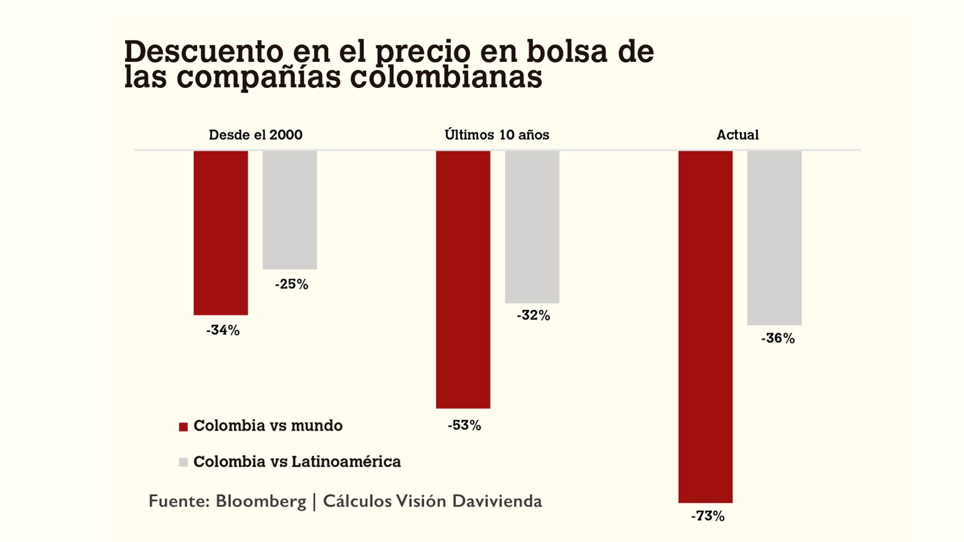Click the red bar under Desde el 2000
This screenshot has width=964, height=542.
click(x=221, y=233)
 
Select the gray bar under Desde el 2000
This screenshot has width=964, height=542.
click(x=290, y=210)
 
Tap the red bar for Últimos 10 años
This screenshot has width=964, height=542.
click(x=463, y=280)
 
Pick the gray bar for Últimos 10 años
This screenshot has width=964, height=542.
click(x=532, y=227)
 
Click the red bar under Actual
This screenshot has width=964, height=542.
click(x=705, y=327)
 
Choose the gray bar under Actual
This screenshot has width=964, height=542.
click(x=774, y=238)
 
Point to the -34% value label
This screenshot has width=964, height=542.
click(x=223, y=330)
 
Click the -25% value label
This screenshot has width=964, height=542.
click(x=292, y=285)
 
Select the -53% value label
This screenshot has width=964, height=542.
click(x=464, y=426)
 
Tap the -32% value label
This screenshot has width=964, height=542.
click(x=533, y=316)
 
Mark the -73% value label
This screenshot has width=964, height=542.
click(x=708, y=516)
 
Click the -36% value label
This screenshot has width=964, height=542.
click(x=778, y=339)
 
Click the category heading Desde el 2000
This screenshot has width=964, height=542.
click(x=256, y=135)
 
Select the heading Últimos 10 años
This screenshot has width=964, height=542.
click(x=497, y=135)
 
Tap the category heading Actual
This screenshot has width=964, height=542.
click(x=737, y=135)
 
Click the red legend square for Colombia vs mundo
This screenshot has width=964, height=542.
click(x=183, y=427)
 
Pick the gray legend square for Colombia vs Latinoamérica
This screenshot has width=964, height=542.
click(x=183, y=462)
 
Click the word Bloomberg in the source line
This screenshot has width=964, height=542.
click(x=261, y=501)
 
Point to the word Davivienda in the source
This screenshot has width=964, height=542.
click(x=497, y=501)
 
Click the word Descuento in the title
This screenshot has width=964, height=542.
click(x=204, y=52)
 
